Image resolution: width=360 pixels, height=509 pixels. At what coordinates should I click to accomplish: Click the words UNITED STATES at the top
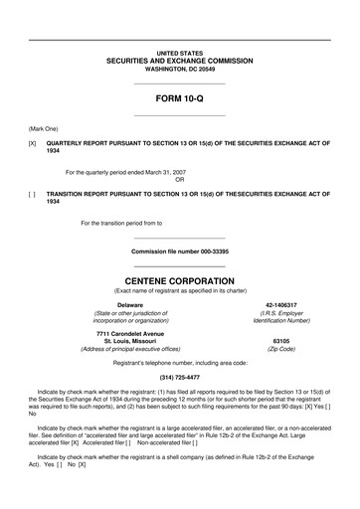coord(179,52)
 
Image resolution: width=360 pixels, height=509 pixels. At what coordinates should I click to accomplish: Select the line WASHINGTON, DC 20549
coord(179,69)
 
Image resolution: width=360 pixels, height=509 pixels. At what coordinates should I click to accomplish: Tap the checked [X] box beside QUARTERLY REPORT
coord(33,143)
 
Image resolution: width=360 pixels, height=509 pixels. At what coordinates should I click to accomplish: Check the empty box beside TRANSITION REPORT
coord(33,193)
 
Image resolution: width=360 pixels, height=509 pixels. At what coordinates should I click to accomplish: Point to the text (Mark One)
coord(43,129)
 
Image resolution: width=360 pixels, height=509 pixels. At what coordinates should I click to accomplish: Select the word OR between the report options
coord(179,180)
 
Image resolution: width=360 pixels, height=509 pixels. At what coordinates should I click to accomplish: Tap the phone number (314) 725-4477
coord(179,378)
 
